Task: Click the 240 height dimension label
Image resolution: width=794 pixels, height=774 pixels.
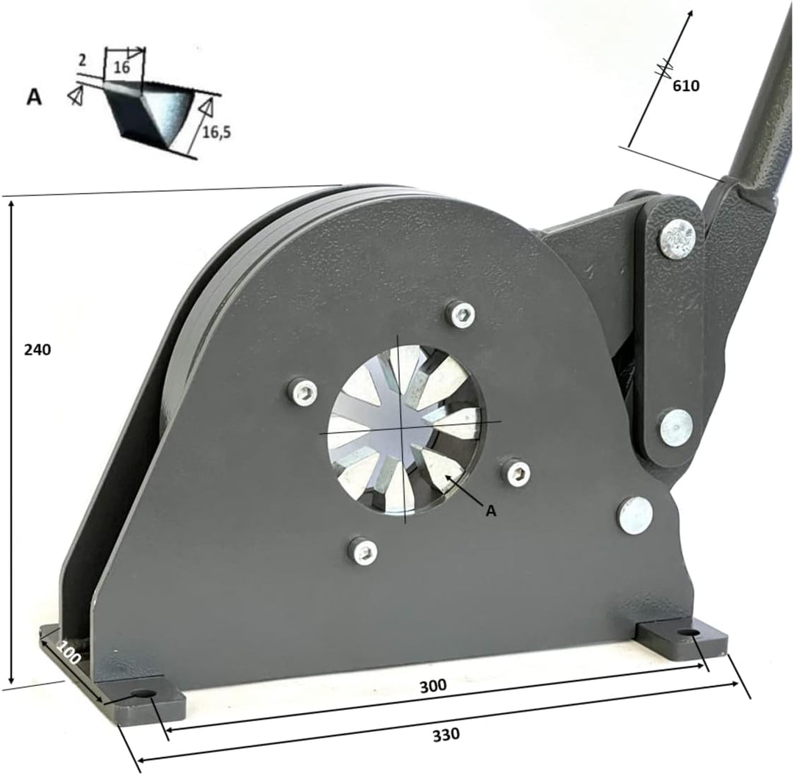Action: pyautogui.click(x=37, y=350)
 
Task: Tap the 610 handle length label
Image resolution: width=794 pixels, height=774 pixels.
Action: pyautogui.click(x=686, y=85)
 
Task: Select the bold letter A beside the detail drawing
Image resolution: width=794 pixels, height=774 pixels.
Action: pyautogui.click(x=34, y=97)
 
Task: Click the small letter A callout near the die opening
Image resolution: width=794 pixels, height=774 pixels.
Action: pyautogui.click(x=490, y=511)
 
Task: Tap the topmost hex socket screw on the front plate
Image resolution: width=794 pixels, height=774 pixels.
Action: pyautogui.click(x=461, y=314)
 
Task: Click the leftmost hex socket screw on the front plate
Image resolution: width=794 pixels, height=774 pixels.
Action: pyautogui.click(x=304, y=392)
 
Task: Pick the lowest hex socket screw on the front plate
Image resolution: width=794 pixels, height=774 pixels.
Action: pyautogui.click(x=363, y=550)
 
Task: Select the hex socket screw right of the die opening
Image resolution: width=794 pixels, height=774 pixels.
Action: pyautogui.click(x=518, y=472)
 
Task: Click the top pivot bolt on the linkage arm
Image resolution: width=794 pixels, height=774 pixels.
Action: pyautogui.click(x=677, y=239)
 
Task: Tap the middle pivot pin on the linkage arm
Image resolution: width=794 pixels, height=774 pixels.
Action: pyautogui.click(x=676, y=427)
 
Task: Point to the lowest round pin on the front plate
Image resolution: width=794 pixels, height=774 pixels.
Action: pyautogui.click(x=635, y=515)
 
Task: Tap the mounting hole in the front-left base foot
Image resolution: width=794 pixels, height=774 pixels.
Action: pyautogui.click(x=143, y=694)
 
